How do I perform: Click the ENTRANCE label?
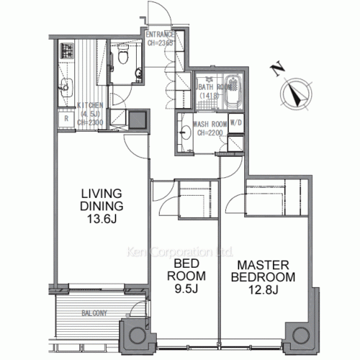(159, 35)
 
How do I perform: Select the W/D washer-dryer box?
(235, 122)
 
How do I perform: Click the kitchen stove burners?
(69, 51)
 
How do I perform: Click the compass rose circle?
(296, 92)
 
